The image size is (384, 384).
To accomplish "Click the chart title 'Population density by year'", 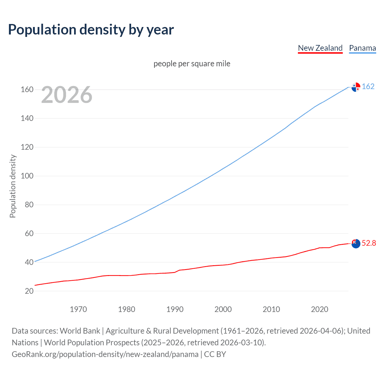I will coord(91,29).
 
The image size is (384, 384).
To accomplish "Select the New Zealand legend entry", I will coord(320,48).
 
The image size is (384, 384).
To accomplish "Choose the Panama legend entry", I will coord(362,48).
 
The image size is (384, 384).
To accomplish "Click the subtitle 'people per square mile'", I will coord(192,64).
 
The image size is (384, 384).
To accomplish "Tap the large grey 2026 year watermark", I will coord(67,95).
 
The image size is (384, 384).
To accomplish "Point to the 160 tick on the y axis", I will coord(27,90).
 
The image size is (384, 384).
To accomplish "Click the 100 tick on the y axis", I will coord(27,176).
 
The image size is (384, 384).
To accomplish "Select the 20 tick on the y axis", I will coord(29,291).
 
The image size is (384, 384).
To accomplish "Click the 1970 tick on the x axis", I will coord(78,309).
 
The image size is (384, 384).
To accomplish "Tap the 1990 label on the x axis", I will coord(175,309).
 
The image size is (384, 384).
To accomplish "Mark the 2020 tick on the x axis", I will coord(319,309).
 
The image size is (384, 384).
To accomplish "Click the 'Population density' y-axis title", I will coord(13,186).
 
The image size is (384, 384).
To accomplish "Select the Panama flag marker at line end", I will coord(356,87).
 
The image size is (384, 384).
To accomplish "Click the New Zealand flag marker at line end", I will coord(356,244).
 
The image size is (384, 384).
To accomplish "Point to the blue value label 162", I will coord(368,87).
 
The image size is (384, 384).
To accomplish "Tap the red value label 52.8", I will coord(369,243).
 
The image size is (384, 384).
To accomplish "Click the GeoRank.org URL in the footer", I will coord(105,354).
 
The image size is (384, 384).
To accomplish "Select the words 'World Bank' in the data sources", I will coord(80,331).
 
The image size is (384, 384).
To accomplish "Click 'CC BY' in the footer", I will coord(215,354).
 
